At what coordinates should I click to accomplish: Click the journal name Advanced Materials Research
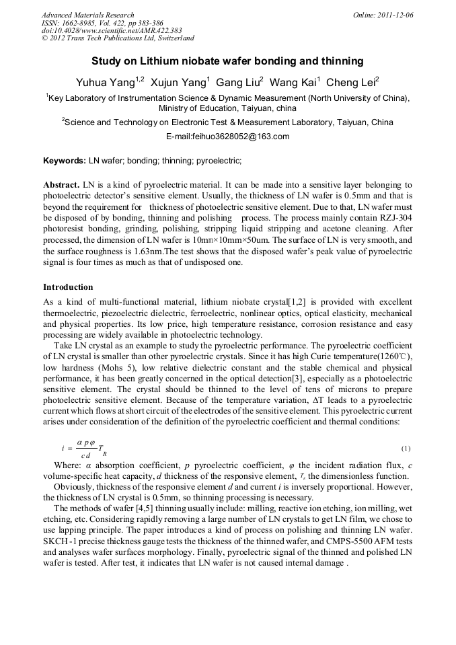(x=87, y=15)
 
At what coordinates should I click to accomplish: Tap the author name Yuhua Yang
(x=105, y=83)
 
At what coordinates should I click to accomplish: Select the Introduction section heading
(x=68, y=287)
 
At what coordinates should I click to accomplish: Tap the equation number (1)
(x=406, y=449)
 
